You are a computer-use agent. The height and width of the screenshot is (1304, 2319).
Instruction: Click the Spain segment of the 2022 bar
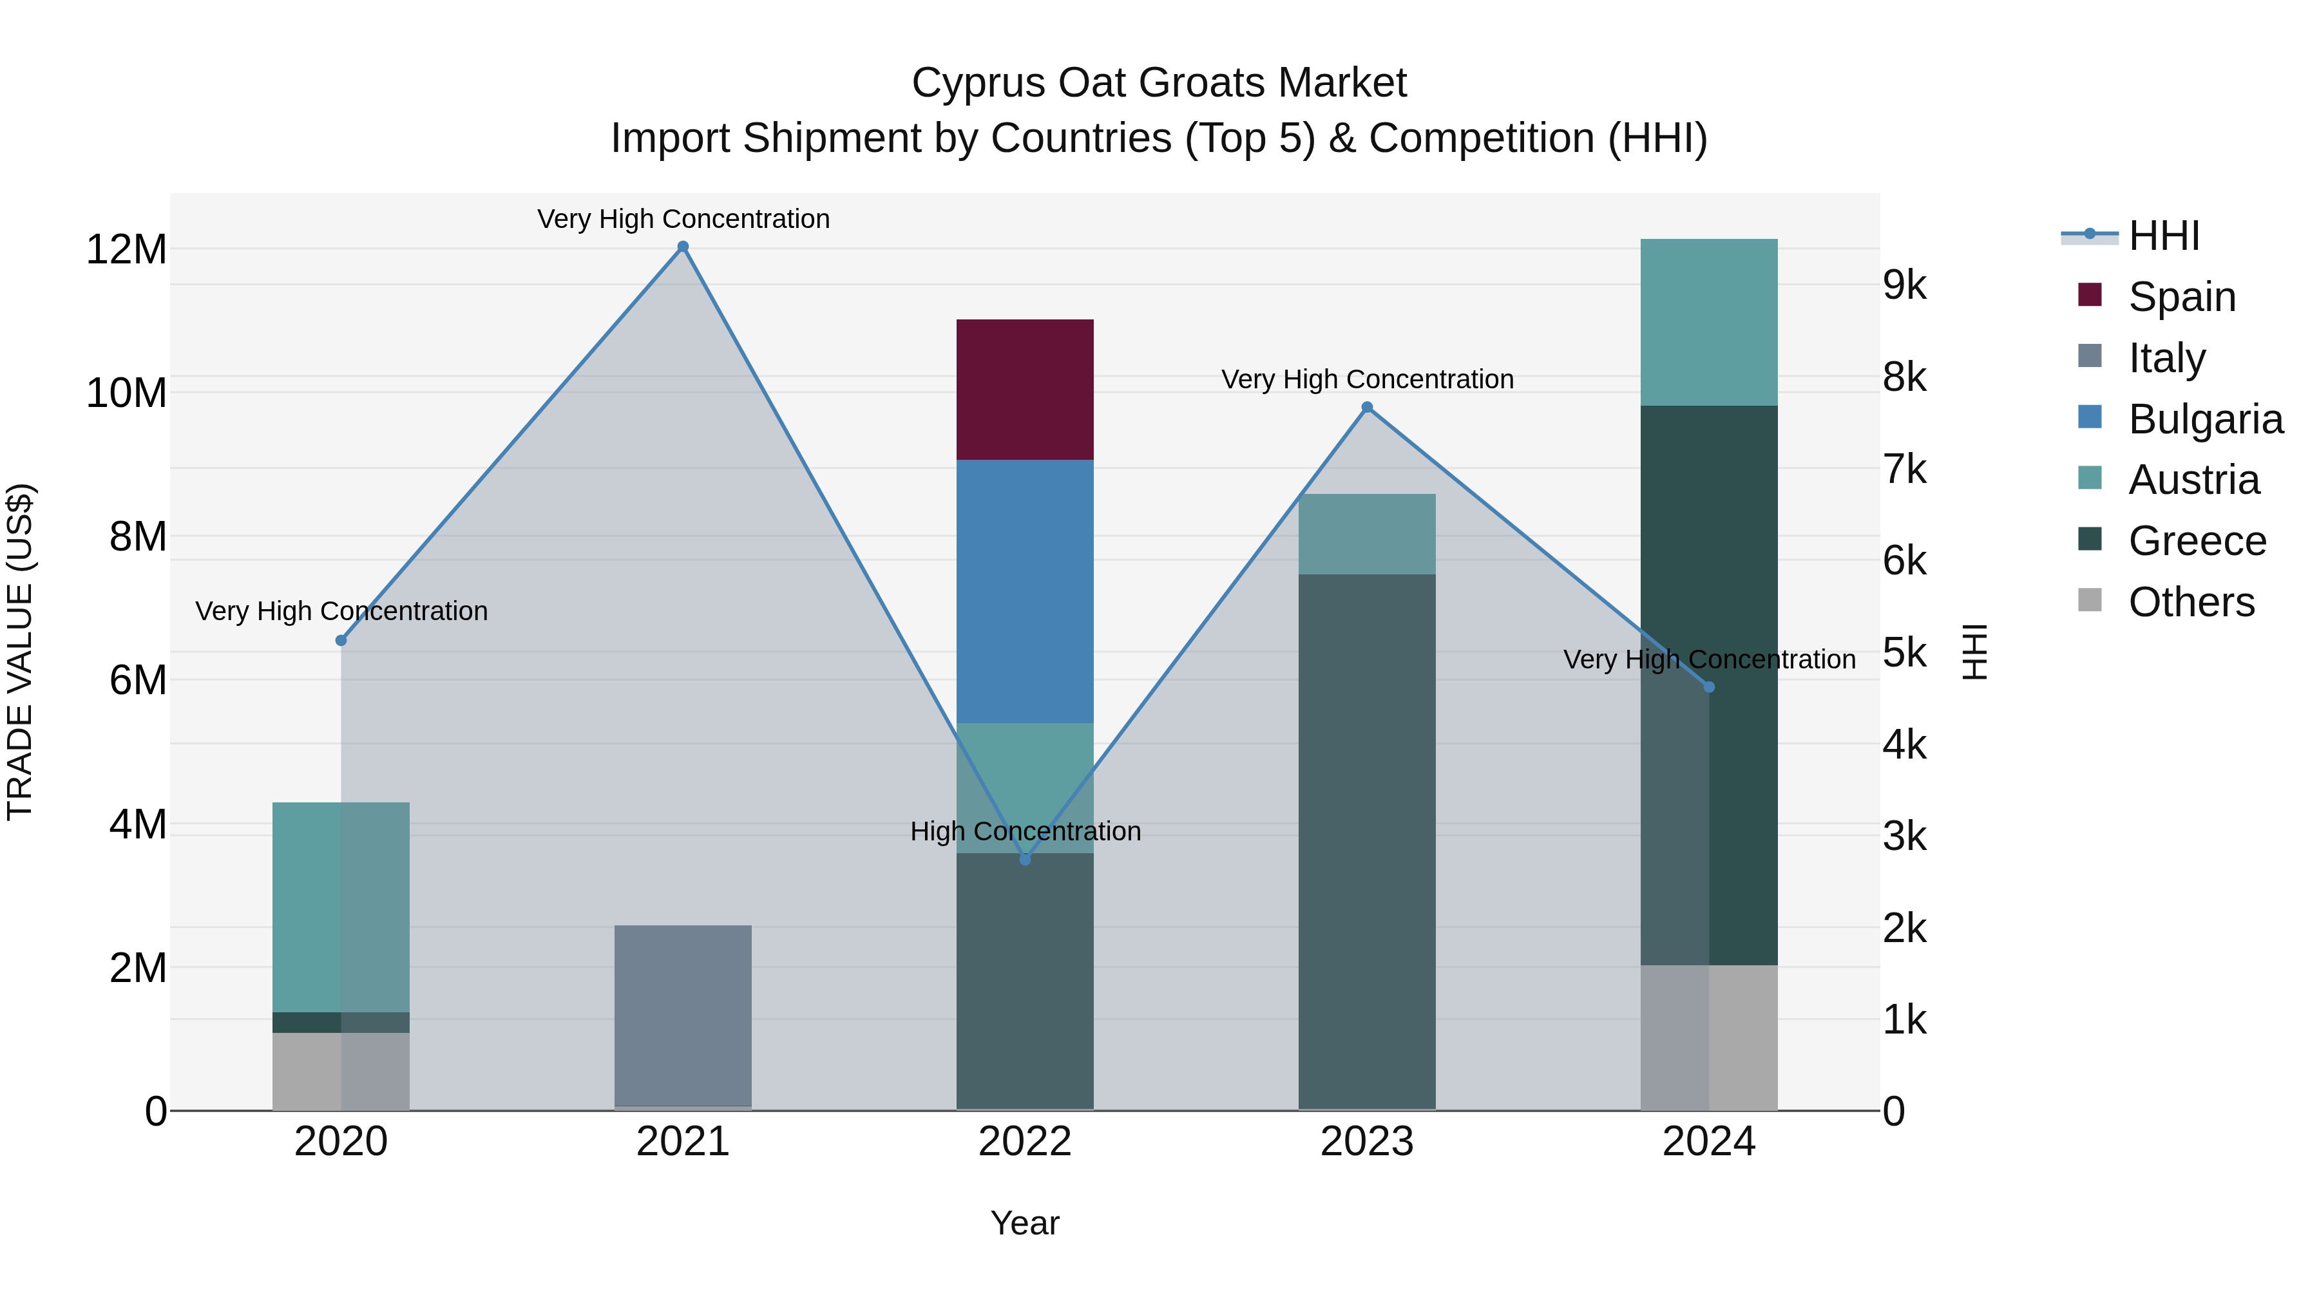pyautogui.click(x=1024, y=389)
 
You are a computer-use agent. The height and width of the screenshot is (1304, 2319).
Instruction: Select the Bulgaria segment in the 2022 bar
pyautogui.click(x=1024, y=591)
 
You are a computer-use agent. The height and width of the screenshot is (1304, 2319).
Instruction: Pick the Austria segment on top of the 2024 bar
pyautogui.click(x=1708, y=321)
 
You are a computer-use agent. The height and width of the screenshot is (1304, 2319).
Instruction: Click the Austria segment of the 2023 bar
pyautogui.click(x=1366, y=534)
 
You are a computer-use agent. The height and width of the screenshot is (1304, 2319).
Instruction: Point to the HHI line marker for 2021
pyautogui.click(x=682, y=247)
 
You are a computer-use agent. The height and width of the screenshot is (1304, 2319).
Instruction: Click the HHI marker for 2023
pyautogui.click(x=1366, y=408)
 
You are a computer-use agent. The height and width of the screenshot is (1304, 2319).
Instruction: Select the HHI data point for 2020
pyautogui.click(x=341, y=641)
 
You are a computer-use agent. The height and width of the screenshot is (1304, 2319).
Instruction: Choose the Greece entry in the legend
pyautogui.click(x=2196, y=541)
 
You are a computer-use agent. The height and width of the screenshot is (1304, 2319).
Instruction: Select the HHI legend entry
pyautogui.click(x=2162, y=236)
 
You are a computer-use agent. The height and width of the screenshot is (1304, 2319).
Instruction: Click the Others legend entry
pyautogui.click(x=2190, y=602)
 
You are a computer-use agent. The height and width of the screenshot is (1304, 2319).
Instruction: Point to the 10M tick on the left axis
pyautogui.click(x=126, y=393)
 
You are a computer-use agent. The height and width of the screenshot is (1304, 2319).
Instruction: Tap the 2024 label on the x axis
pyautogui.click(x=1708, y=1142)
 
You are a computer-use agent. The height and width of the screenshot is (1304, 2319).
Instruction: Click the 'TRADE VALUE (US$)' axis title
pyautogui.click(x=20, y=652)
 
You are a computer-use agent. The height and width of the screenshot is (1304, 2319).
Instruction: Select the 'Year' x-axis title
pyautogui.click(x=1024, y=1223)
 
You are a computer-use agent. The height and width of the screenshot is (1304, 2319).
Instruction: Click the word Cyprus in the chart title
pyautogui.click(x=978, y=83)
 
